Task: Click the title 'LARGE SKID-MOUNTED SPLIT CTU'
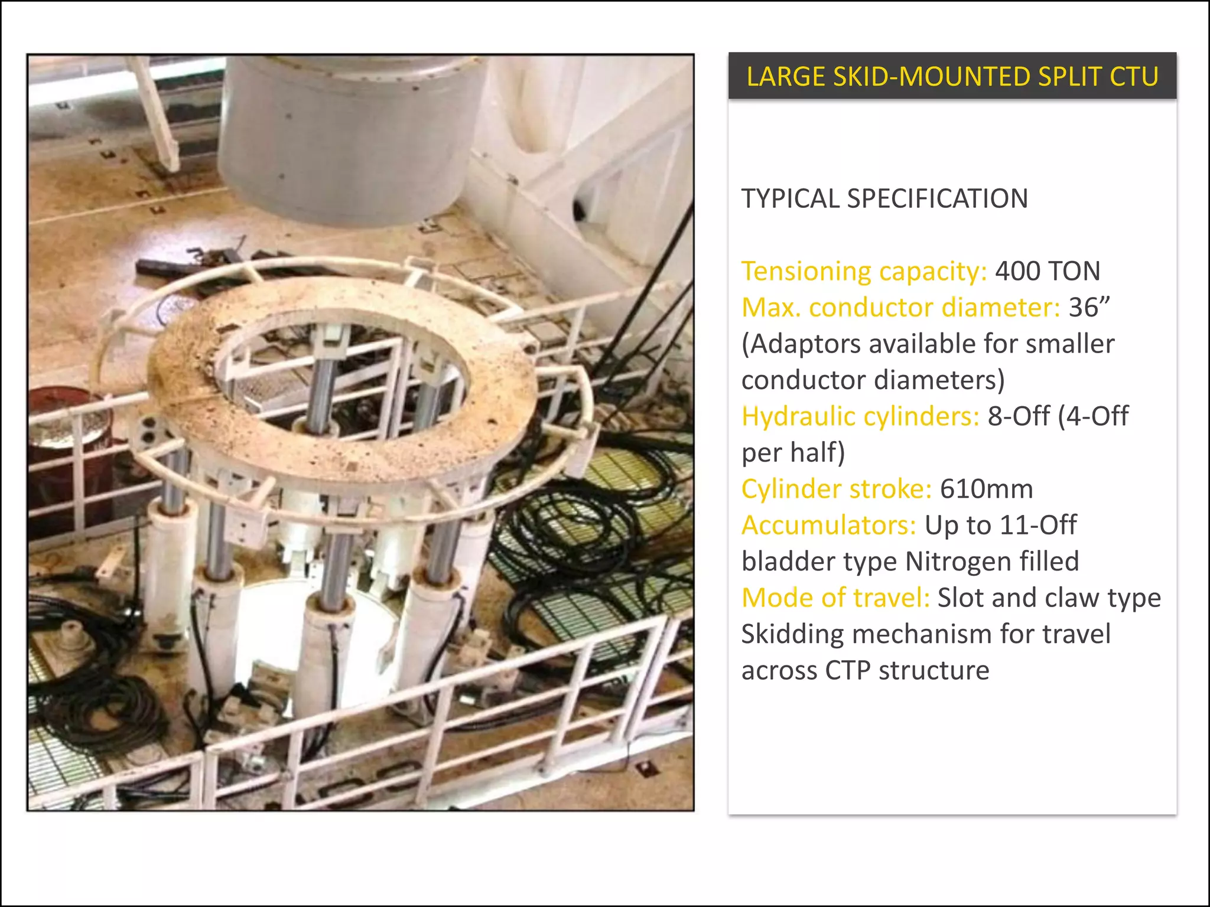(x=952, y=77)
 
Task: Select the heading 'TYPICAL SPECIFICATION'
(x=884, y=198)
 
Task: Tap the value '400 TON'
(x=1048, y=271)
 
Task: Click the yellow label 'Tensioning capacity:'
(x=864, y=271)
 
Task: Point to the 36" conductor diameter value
(x=1089, y=307)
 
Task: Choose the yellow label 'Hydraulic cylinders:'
(x=861, y=416)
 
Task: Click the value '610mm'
(x=986, y=489)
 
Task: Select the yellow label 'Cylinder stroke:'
(x=837, y=489)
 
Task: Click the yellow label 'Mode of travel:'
(x=835, y=598)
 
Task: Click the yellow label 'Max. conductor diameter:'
(x=901, y=307)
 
